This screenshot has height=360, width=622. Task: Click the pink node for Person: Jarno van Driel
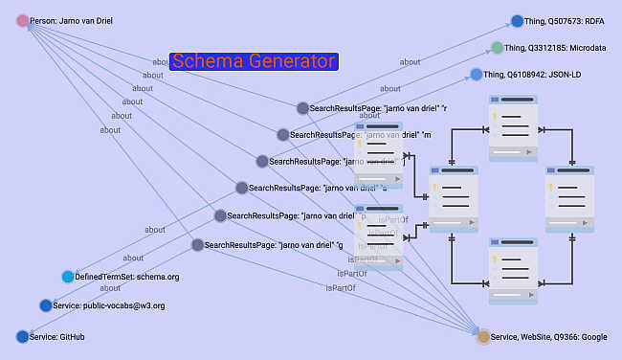(x=23, y=20)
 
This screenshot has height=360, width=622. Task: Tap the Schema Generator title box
(x=254, y=61)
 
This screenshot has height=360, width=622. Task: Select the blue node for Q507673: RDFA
(x=518, y=21)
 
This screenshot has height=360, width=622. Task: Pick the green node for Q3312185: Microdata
(x=498, y=47)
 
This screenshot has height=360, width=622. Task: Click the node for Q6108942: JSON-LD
(x=477, y=74)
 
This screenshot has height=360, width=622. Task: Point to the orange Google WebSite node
(x=483, y=337)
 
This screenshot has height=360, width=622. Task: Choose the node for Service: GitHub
(x=23, y=336)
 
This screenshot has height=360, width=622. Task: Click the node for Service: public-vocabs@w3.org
(x=46, y=305)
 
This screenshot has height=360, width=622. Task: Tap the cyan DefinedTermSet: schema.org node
(x=68, y=277)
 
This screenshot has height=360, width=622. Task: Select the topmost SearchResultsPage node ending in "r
(x=302, y=108)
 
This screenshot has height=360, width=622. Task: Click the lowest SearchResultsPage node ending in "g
(x=197, y=245)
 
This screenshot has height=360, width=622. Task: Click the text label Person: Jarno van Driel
(x=71, y=20)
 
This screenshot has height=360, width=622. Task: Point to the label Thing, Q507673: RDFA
(x=569, y=21)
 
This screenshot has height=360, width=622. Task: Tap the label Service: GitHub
(x=59, y=337)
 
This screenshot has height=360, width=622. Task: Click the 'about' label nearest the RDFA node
(x=410, y=62)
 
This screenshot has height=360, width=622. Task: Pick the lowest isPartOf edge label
(x=340, y=287)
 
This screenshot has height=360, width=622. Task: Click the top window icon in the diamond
(x=513, y=122)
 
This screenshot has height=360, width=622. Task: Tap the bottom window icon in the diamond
(x=513, y=263)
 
